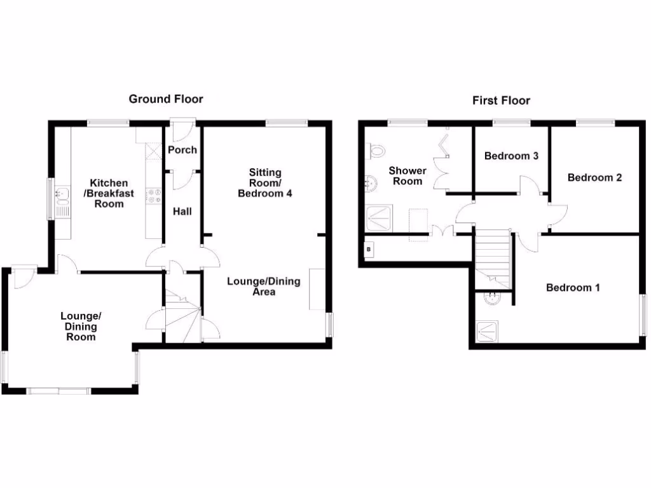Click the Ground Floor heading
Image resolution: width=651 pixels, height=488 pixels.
pos(166,99)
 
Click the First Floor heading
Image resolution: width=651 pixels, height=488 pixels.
pos(501,101)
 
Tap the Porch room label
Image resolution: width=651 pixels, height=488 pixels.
pos(182,150)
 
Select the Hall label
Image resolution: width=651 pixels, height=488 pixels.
pos(182,211)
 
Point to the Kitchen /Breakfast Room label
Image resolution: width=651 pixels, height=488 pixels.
pos(109,193)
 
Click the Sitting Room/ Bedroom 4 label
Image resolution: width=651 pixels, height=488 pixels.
pos(265,183)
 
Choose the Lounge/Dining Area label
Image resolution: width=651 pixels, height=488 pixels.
pos(264,287)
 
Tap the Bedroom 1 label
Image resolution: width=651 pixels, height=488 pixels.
pos(573,288)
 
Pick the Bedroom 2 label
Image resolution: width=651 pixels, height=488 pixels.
pos(594,178)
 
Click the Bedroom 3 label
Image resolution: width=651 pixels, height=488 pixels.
pos(511,156)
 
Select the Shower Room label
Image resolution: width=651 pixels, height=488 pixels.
pos(408,176)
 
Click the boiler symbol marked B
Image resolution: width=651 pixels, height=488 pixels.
pos(369,250)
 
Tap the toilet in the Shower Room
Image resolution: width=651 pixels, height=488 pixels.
pos(376,151)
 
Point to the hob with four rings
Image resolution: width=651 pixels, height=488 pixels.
pos(154,196)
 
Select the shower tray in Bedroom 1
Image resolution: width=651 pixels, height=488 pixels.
pos(487,332)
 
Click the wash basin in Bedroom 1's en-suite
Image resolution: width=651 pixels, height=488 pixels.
pos(493,299)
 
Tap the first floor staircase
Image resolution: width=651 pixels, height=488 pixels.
pos(493,259)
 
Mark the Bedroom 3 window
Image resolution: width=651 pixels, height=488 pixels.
pos(512,123)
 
